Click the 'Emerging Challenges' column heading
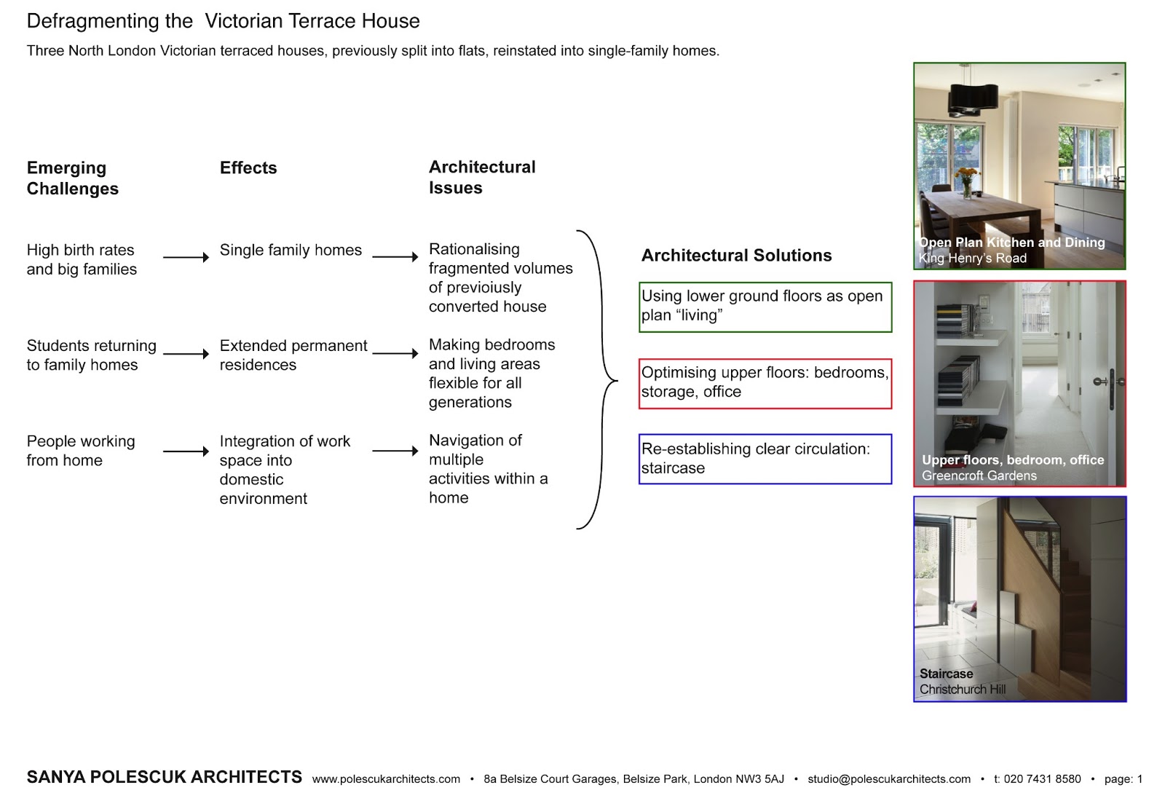tap(72, 178)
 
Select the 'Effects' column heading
tap(248, 168)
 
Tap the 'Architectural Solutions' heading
tap(736, 256)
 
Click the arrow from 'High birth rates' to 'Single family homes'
tap(186, 257)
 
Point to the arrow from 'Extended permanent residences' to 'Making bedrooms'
tap(395, 353)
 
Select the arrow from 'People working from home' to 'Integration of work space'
tap(186, 451)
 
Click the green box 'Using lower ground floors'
tap(765, 307)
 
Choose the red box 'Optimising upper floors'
tap(765, 383)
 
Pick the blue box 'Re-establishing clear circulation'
tap(765, 459)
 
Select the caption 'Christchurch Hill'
tap(962, 690)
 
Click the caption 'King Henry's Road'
tap(972, 259)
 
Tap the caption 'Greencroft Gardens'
tap(979, 476)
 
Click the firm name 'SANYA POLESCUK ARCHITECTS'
tap(164, 777)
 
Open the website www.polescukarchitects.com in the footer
tap(386, 779)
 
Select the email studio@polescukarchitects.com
tap(888, 779)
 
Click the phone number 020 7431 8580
tap(1042, 779)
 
